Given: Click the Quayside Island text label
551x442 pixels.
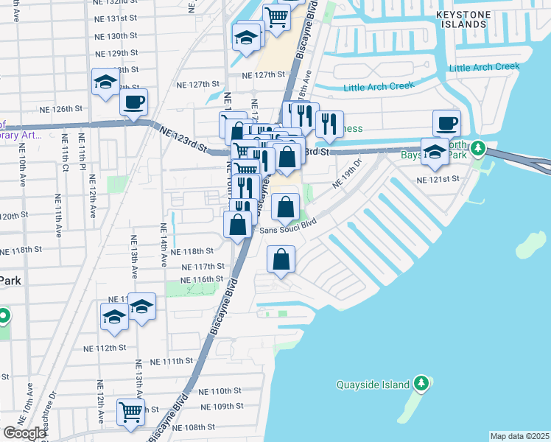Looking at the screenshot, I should [373, 385].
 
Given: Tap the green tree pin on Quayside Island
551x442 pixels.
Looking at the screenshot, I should [421, 383].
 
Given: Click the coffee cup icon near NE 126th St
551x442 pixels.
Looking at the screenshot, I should [133, 102].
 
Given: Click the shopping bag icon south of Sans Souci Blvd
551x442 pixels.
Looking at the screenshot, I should [281, 259].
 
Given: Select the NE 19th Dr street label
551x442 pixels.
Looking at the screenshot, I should [348, 173].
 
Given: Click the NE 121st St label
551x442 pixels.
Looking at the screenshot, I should [438, 179].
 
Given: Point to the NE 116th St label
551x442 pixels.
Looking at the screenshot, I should [203, 279].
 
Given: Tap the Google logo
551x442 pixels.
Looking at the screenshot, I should [24, 433].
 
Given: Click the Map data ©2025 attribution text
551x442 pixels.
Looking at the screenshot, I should [519, 436].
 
